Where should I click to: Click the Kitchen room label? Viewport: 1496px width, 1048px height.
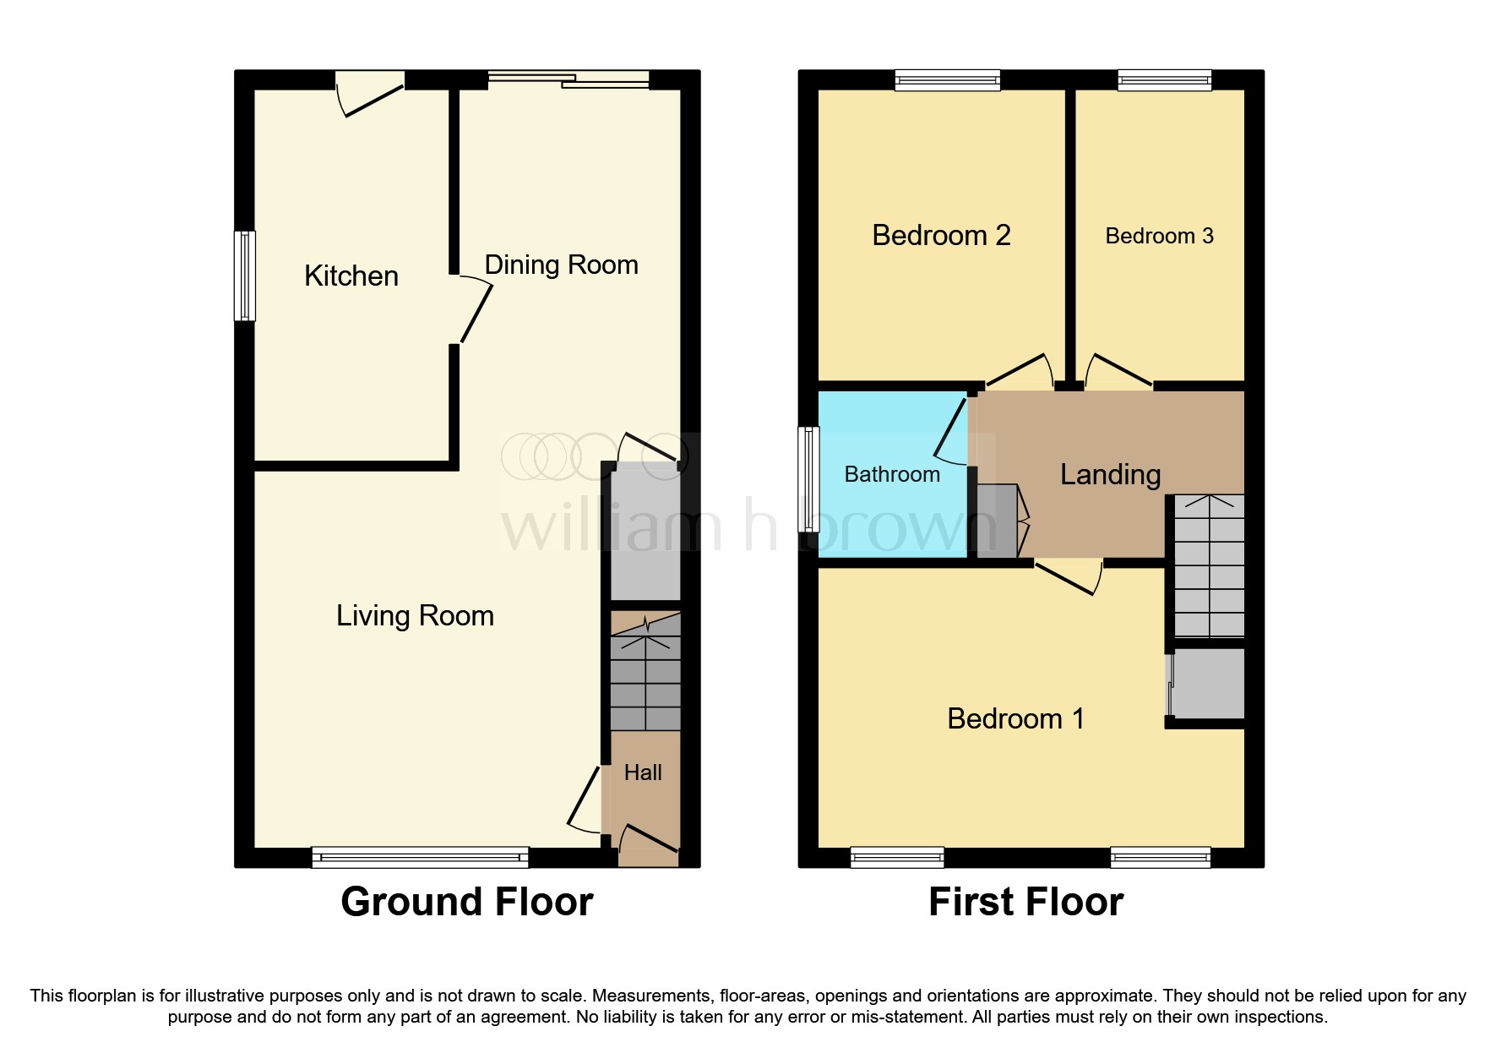tap(351, 276)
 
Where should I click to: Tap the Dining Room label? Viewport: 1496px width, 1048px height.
tap(561, 265)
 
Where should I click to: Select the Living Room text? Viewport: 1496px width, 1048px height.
tap(415, 615)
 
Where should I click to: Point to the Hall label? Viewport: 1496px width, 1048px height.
tap(643, 772)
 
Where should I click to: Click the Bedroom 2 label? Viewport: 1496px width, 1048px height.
tap(941, 235)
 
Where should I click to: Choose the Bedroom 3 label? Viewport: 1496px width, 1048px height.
tap(1159, 236)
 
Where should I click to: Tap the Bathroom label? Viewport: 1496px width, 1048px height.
tap(892, 474)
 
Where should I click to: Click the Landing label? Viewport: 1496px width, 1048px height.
tap(1110, 475)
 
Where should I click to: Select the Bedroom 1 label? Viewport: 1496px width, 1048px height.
tap(1015, 718)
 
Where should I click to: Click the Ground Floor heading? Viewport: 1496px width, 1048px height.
tap(467, 902)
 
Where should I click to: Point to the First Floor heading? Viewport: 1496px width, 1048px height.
tap(1026, 902)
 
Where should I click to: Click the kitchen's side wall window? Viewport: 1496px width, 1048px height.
tap(245, 276)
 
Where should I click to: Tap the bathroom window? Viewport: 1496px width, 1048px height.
tap(809, 478)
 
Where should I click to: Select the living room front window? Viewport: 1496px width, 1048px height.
tap(420, 857)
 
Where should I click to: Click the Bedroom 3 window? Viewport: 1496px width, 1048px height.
tap(1164, 80)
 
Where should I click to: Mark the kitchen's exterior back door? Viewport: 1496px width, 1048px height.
tap(369, 93)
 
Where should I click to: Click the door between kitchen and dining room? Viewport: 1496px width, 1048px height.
tap(471, 309)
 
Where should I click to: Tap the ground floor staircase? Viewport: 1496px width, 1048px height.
tap(645, 672)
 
